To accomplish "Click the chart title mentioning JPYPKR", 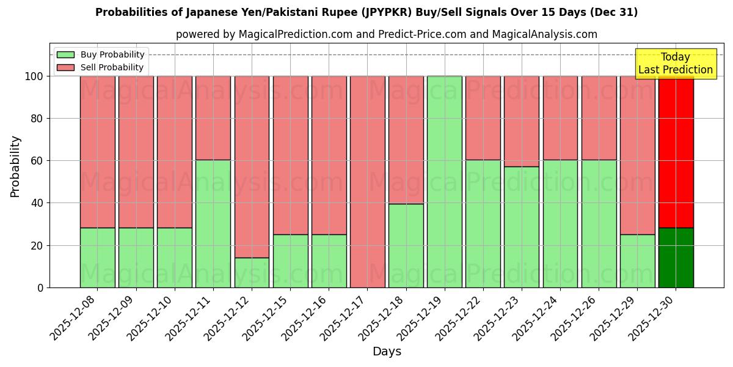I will point(366,12).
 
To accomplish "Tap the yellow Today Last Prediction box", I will point(675,64).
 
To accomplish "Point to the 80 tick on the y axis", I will point(38,119).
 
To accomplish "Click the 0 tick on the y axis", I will point(41,287).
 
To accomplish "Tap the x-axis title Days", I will point(387,352).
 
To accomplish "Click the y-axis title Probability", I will point(15,166).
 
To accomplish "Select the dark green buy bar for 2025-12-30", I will point(676,258).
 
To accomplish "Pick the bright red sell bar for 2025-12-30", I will point(676,152).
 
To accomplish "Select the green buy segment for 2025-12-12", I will point(252,273).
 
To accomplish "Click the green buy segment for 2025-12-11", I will point(213,224).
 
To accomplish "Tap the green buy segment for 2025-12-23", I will point(521,227).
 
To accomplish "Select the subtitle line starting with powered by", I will point(386,34).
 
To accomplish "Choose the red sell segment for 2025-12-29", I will point(637,155).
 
